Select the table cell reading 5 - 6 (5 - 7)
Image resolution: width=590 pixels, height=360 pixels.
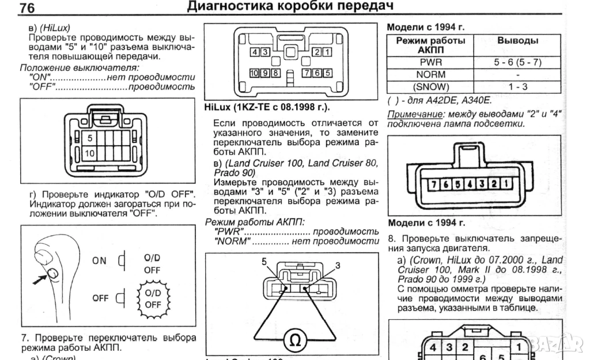tap(517, 62)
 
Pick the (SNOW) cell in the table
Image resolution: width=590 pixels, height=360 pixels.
tap(430, 86)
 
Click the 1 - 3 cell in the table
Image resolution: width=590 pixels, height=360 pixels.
tap(517, 86)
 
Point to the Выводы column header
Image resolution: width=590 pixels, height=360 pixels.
tap(517, 41)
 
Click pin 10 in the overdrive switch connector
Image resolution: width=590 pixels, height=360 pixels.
tap(89, 153)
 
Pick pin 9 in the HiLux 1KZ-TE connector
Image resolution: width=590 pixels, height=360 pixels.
tap(266, 73)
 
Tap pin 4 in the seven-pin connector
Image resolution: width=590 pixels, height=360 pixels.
tap(470, 185)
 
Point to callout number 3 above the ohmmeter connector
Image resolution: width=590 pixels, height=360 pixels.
tap(337, 266)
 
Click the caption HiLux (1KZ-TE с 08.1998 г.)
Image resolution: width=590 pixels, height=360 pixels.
tap(267, 107)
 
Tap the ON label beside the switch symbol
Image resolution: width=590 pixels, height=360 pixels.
tap(99, 260)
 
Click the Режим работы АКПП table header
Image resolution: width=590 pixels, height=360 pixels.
tap(430, 45)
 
